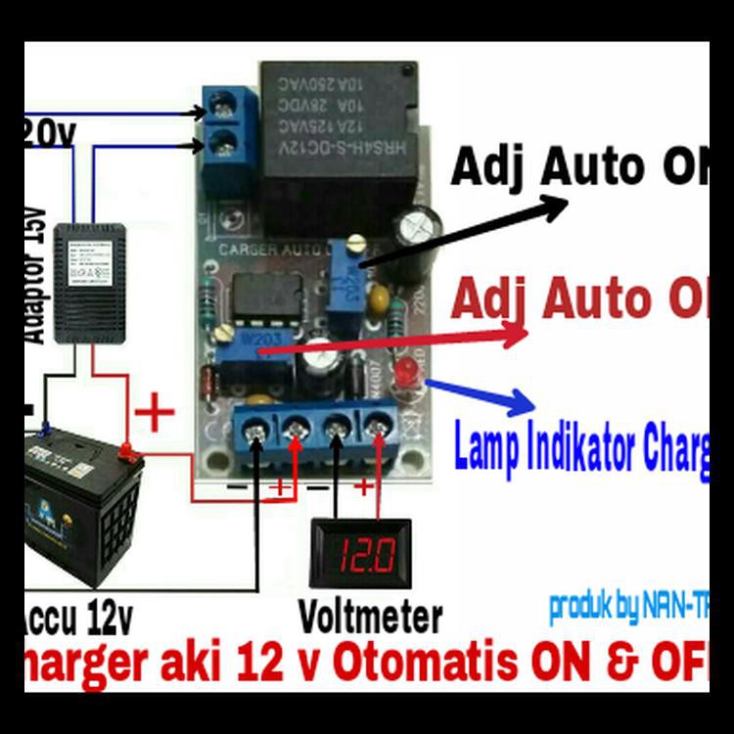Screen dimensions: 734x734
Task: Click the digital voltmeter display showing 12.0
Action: click(x=354, y=555)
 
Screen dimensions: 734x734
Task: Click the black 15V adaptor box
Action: click(x=90, y=284)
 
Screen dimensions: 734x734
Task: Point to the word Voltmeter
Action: click(x=370, y=618)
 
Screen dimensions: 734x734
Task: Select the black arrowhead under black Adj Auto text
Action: click(x=554, y=206)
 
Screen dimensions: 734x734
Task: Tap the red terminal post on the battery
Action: click(x=126, y=451)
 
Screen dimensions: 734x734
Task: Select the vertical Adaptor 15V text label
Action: click(x=35, y=274)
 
